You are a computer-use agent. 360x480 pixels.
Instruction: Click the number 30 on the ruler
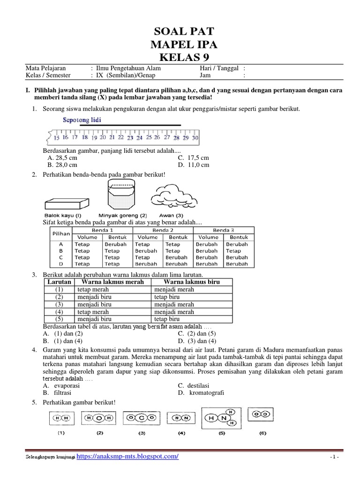click(x=195, y=138)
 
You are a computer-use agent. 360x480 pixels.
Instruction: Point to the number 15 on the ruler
click(x=56, y=138)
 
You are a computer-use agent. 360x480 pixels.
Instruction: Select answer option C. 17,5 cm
click(x=193, y=158)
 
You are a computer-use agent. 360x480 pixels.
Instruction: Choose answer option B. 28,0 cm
click(x=62, y=165)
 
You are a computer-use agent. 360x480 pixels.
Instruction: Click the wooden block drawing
click(x=66, y=203)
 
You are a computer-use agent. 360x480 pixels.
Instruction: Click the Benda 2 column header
click(x=163, y=230)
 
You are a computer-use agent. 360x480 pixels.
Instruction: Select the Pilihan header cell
click(x=61, y=233)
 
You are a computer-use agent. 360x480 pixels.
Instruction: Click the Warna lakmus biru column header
click(x=192, y=282)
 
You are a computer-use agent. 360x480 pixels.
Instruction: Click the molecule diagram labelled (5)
click(x=221, y=418)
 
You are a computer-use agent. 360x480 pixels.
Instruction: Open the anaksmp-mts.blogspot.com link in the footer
click(x=127, y=457)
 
